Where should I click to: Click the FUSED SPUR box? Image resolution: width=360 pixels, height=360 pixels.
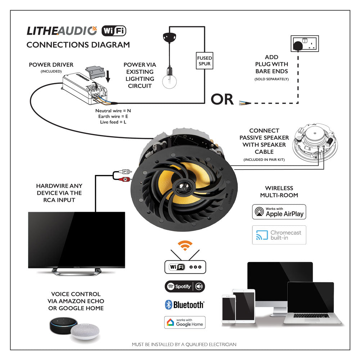[204, 61]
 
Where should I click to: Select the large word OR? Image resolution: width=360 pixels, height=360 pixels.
[222, 99]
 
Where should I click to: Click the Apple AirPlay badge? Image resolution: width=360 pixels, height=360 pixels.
[279, 212]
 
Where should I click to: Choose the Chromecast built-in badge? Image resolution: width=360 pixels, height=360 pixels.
[279, 235]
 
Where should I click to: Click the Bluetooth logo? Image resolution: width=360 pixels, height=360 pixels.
[184, 305]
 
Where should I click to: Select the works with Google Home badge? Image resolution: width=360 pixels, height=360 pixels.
[185, 322]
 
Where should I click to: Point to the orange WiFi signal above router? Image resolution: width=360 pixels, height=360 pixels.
[185, 246]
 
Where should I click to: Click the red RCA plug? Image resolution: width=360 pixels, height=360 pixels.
[125, 179]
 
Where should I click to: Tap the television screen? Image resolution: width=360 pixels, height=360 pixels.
[76, 239]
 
